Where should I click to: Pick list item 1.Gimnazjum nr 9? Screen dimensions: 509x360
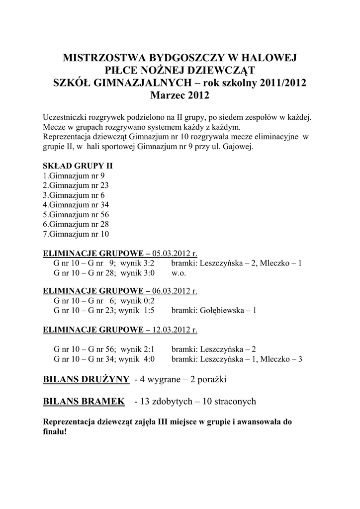[74, 175]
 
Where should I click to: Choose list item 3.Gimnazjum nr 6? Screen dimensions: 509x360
[74, 195]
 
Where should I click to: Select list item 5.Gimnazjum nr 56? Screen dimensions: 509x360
[76, 214]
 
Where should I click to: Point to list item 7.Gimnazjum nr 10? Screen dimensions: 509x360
[76, 234]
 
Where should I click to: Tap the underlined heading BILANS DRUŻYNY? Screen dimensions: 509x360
[87, 380]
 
